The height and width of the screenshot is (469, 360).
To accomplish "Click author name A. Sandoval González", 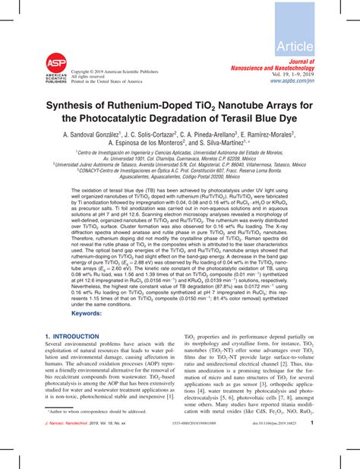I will click(91, 134).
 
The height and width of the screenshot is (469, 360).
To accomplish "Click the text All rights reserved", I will click(88, 77).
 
